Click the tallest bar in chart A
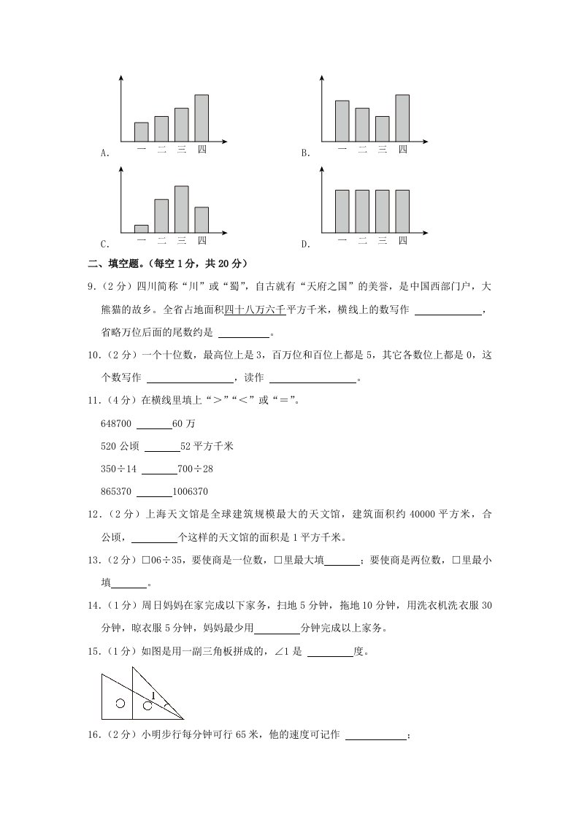202,118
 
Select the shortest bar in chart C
142,228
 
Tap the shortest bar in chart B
382,128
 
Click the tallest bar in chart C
182,209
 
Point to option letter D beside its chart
306,244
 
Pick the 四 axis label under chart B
402,150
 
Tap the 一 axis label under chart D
342,242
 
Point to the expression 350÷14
118,469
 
